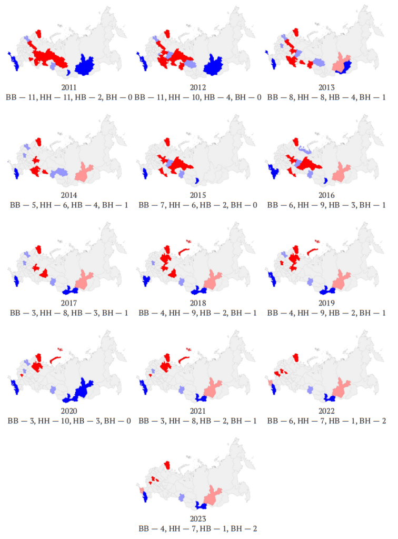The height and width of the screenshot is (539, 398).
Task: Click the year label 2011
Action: click(x=69, y=87)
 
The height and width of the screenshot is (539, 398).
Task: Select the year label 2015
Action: click(x=198, y=195)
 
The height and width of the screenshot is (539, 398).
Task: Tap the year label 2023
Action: click(x=198, y=518)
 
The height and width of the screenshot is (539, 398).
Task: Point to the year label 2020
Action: click(x=69, y=411)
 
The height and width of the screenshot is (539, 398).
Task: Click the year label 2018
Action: click(x=198, y=303)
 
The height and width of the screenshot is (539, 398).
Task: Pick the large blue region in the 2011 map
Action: click(x=84, y=65)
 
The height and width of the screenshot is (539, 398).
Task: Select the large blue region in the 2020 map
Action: click(x=78, y=391)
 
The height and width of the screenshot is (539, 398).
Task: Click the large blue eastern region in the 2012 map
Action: click(x=213, y=65)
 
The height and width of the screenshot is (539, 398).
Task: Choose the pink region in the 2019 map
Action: click(x=341, y=280)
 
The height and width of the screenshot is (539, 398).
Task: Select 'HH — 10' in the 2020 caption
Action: click(x=49, y=421)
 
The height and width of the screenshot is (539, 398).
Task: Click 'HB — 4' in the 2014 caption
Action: click(x=85, y=205)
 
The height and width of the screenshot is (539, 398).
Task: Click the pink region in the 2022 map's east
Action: click(x=341, y=388)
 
